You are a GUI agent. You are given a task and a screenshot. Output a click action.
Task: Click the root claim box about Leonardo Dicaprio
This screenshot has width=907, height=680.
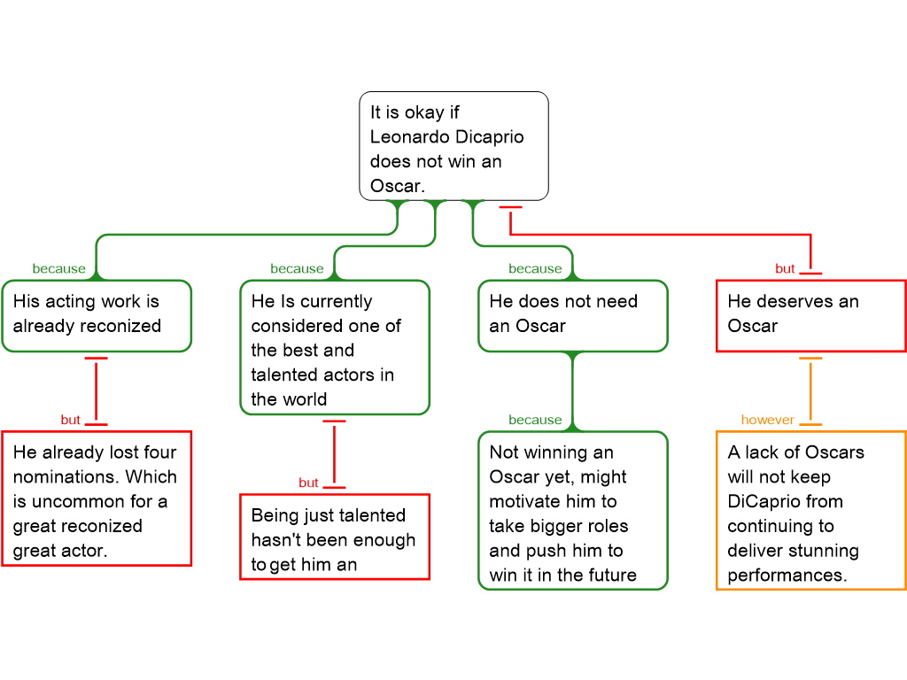(x=453, y=146)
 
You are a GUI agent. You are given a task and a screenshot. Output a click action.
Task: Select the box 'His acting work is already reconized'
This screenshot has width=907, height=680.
(x=97, y=315)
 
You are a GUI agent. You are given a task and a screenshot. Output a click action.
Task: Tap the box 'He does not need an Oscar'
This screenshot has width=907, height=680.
(x=573, y=315)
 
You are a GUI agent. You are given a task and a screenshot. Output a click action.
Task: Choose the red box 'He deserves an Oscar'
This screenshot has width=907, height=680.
(x=810, y=315)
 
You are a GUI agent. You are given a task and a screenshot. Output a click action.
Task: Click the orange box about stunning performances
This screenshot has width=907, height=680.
(x=810, y=510)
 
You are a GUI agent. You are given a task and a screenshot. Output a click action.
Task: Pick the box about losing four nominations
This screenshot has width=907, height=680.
(x=97, y=498)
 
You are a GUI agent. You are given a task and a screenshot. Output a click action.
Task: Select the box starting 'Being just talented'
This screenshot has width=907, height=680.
(x=335, y=537)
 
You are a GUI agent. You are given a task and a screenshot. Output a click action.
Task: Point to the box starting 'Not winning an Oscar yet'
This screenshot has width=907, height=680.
(x=573, y=510)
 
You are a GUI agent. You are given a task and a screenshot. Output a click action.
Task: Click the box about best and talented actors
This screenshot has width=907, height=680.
(x=335, y=347)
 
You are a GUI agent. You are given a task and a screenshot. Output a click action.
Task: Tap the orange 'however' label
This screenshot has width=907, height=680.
(x=768, y=420)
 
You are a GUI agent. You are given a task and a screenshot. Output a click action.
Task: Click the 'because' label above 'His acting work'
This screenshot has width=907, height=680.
(x=59, y=268)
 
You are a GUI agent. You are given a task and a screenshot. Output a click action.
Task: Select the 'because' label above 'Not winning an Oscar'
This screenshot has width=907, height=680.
(x=535, y=420)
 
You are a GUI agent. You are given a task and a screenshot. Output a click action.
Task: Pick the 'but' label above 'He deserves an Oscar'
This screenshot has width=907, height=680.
(x=785, y=268)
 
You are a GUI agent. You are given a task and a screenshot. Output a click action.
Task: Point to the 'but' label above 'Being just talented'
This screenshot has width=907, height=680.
(x=308, y=483)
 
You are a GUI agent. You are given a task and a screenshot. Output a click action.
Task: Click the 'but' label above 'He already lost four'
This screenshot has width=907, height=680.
(x=70, y=420)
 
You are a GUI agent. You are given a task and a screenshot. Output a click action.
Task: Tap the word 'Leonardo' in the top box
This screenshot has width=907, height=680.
(x=408, y=137)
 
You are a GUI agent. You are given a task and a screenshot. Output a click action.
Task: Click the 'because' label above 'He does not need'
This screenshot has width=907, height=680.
(x=535, y=268)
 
